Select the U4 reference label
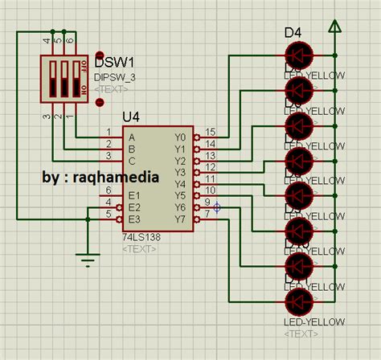coord(130,117)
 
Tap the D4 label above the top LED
coord(293,33)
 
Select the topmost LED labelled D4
coord(298,55)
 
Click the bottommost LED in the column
coord(298,301)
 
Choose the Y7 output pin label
coord(179,218)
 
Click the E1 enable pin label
coord(134,194)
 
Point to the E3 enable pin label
coord(134,218)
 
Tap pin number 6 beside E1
coord(109,190)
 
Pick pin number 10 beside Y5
coord(211,190)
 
